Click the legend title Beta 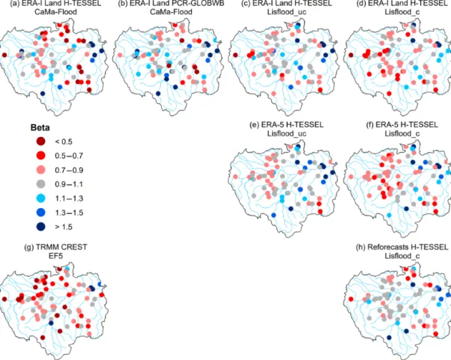pyautogui.click(x=40, y=127)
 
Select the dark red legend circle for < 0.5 pyautogui.click(x=41, y=141)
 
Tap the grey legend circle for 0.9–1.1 pyautogui.click(x=41, y=184)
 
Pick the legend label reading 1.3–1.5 pyautogui.click(x=69, y=213)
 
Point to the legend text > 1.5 pyautogui.click(x=64, y=227)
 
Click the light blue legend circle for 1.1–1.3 pyautogui.click(x=41, y=198)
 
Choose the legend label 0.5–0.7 pyautogui.click(x=69, y=156)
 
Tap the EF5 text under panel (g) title pyautogui.click(x=55, y=256)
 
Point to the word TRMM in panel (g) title pyautogui.click(x=45, y=247)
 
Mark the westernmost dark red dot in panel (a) pyautogui.click(x=4, y=55)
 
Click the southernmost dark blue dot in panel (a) pyautogui.click(x=43, y=94)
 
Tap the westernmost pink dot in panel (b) pyautogui.click(x=120, y=55)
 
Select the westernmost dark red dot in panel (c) pyautogui.click(x=235, y=55)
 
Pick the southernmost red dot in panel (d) pyautogui.click(x=389, y=94)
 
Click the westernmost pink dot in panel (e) pyautogui.click(x=235, y=177)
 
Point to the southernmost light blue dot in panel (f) pyautogui.click(x=389, y=215)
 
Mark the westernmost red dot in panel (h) pyautogui.click(x=351, y=299)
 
